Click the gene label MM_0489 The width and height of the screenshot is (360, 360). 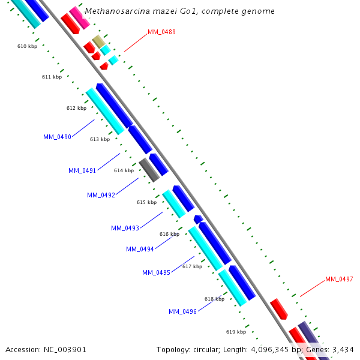point(161,32)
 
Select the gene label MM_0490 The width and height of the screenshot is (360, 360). point(57,137)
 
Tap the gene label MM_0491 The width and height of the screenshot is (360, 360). point(82,170)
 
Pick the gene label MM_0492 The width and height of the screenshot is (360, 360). point(101,195)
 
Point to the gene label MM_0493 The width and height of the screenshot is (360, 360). point(125,228)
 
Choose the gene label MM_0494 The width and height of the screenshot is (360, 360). point(140,249)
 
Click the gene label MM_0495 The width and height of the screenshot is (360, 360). point(156,272)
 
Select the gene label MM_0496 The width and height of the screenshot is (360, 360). point(182,311)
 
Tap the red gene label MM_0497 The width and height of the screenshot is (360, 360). point(339,279)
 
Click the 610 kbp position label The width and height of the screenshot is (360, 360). point(27,46)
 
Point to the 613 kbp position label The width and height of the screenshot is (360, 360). point(100,139)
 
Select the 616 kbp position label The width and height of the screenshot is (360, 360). point(169,234)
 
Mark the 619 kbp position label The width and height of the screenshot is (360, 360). point(236,332)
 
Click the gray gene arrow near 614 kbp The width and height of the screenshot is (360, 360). point(149,170)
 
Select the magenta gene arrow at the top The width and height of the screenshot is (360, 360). point(79,17)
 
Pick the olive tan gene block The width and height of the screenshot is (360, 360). point(98,41)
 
